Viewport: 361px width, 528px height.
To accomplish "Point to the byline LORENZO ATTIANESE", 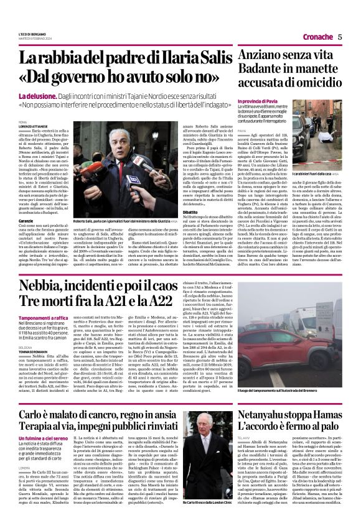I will [32, 127].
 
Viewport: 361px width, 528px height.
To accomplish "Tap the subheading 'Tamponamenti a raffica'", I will [44, 316].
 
